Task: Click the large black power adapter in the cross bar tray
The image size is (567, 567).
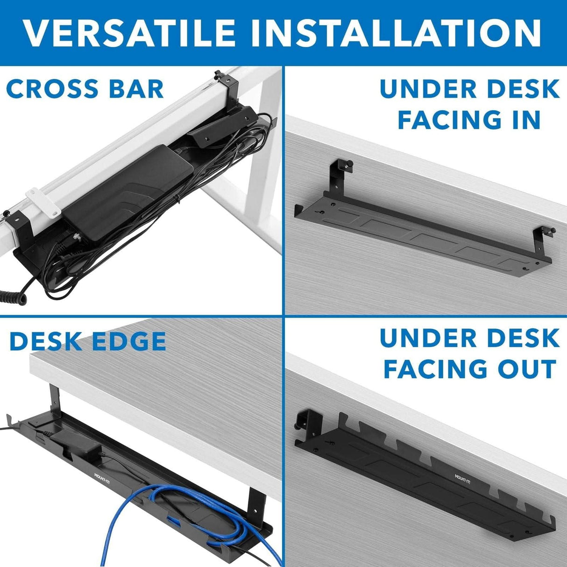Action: coord(128,187)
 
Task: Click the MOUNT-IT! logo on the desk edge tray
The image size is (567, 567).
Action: coord(106,477)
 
